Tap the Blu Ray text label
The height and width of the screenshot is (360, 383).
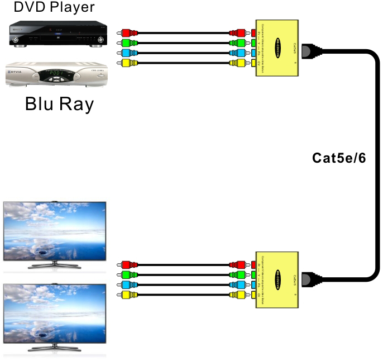click(x=59, y=104)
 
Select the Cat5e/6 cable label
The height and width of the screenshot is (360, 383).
click(x=339, y=158)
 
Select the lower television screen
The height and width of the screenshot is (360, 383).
click(x=55, y=312)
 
